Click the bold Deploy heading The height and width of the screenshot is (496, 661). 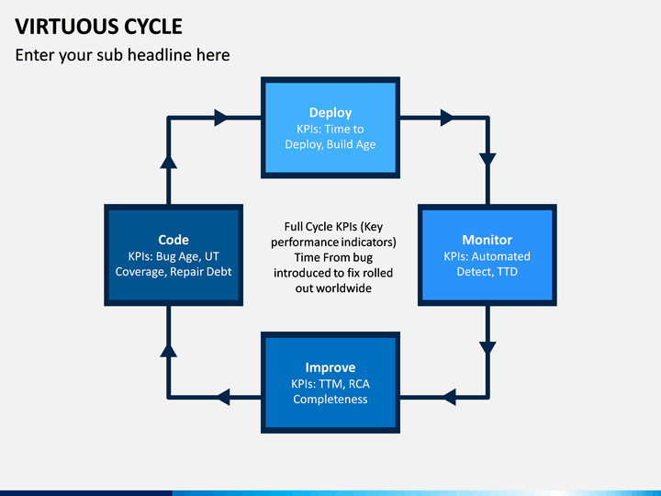coord(330,113)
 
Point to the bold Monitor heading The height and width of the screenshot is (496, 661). coord(487,240)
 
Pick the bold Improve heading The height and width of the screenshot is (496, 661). coord(330,367)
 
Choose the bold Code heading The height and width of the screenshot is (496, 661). coord(174,240)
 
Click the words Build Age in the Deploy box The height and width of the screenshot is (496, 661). coord(351,144)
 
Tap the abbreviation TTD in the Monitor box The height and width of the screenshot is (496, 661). coord(507,272)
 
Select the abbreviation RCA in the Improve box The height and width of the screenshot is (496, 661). coord(359,384)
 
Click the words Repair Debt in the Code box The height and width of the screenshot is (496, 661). coord(201,272)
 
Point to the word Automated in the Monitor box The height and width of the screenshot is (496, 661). coord(501,256)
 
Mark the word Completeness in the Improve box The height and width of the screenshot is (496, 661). coord(330,400)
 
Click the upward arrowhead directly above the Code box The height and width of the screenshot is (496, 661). coord(168,162)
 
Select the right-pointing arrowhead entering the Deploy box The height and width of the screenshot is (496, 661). coord(221,118)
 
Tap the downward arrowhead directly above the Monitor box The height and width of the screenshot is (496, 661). coord(487,160)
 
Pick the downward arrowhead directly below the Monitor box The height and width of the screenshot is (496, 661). coord(487,348)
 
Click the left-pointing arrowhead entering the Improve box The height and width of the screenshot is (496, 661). coord(449,398)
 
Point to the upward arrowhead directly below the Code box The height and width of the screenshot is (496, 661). coord(168,351)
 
